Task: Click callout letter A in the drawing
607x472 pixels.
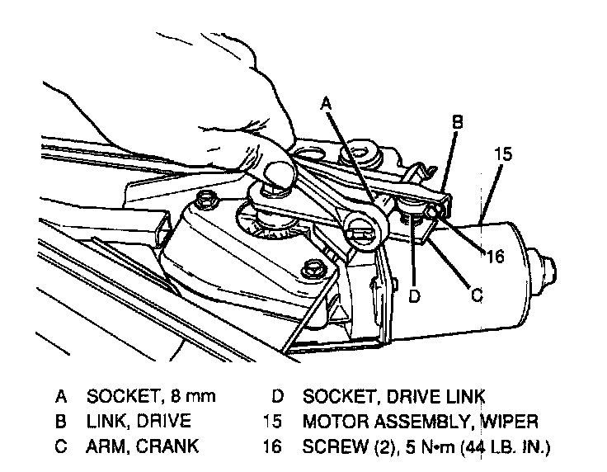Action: click(327, 104)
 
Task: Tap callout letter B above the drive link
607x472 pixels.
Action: click(456, 121)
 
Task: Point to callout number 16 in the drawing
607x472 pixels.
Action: click(494, 257)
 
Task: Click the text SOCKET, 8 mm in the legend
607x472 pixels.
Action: click(150, 396)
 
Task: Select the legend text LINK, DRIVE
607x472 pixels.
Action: click(139, 422)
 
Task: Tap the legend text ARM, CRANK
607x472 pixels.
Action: click(142, 447)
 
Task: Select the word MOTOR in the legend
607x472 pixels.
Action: click(334, 422)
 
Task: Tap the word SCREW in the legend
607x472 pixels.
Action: click(331, 447)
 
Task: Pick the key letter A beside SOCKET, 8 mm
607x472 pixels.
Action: click(60, 396)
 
